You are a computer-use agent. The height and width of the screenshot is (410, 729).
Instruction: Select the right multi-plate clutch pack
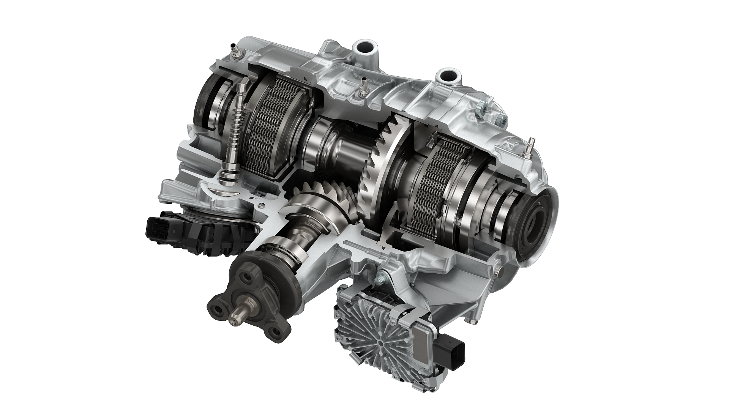(x=433, y=182)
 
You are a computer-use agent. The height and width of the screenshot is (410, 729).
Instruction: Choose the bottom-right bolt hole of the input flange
(x=274, y=333)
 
